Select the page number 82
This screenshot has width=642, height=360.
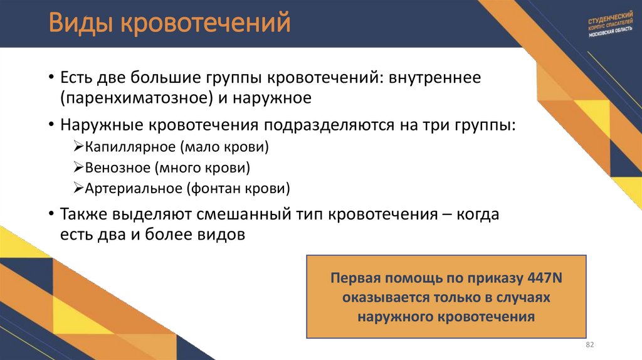(589, 346)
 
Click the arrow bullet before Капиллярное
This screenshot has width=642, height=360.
(78, 148)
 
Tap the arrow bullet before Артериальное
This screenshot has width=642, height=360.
(78, 188)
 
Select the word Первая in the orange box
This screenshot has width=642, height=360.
(355, 279)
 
